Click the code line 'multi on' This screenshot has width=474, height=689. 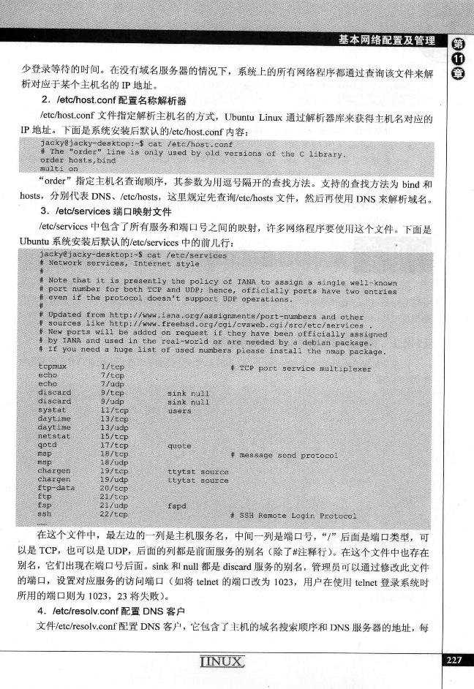[x=59, y=167]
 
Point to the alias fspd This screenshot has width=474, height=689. [x=178, y=505]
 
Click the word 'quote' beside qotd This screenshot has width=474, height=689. [x=179, y=445]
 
